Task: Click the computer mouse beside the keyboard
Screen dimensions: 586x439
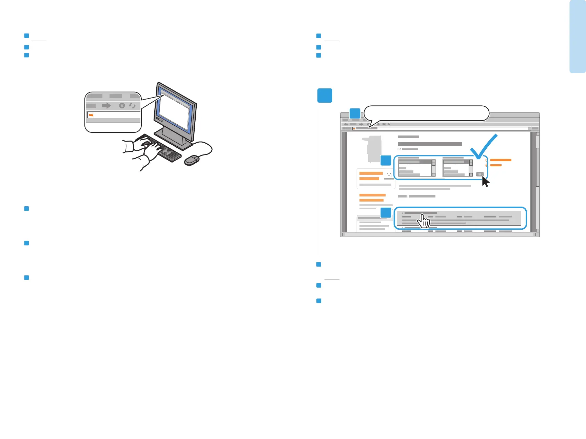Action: [x=192, y=160]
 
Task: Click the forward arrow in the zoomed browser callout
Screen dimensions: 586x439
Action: [x=106, y=106]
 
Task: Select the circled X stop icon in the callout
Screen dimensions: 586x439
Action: [x=122, y=106]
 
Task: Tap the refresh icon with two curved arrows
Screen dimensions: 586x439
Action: [x=132, y=106]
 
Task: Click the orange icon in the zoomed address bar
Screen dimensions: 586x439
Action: [x=91, y=115]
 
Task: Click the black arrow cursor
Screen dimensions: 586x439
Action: [x=485, y=182]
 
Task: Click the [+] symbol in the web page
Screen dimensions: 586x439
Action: [x=389, y=175]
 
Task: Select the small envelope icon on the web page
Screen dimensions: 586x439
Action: [x=399, y=149]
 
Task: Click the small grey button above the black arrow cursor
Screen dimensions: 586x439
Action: [x=480, y=174]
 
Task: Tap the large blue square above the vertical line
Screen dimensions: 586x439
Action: [x=325, y=96]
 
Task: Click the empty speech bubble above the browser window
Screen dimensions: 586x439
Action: [x=427, y=113]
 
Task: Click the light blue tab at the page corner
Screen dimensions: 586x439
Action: [x=578, y=37]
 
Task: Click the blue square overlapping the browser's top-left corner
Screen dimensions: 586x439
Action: [x=355, y=113]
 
